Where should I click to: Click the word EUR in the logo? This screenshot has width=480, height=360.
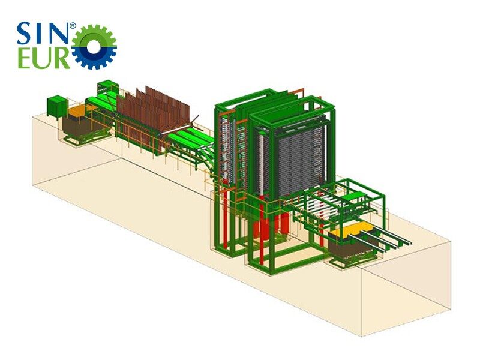click(43, 57)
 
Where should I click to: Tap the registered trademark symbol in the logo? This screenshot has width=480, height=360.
click(73, 26)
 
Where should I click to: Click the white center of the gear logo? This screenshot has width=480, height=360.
click(94, 47)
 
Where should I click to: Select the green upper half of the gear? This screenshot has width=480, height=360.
click(94, 33)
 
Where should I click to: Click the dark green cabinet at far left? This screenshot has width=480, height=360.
click(56, 106)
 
